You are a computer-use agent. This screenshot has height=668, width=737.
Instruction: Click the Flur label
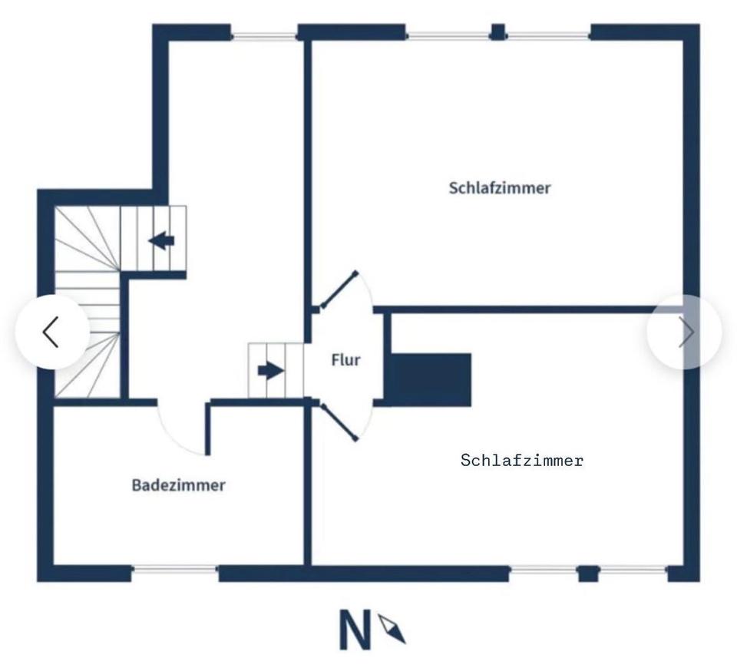(x=345, y=359)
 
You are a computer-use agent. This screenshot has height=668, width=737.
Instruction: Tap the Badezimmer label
(x=178, y=485)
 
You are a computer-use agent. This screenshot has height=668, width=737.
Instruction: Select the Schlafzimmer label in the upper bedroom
(x=500, y=188)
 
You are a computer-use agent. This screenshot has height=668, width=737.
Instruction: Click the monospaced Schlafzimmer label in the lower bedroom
(x=522, y=461)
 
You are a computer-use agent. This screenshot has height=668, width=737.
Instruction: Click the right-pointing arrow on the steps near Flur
(x=270, y=372)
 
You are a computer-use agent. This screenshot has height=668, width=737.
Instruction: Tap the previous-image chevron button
(x=51, y=332)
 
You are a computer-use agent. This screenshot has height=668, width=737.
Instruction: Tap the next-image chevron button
(x=685, y=332)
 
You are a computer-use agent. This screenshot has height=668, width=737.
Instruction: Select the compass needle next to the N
(x=392, y=629)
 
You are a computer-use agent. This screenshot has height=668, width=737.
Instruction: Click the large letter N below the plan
(x=355, y=630)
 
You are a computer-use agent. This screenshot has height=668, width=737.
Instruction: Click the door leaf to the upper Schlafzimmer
(x=339, y=289)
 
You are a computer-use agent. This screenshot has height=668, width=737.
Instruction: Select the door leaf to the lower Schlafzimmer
(x=339, y=422)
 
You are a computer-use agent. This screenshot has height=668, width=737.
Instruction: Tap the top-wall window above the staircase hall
(x=263, y=35)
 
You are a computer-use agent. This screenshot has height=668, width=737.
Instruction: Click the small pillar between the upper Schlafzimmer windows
(x=497, y=32)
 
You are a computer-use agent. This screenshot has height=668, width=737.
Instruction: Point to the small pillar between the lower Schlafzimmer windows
(x=588, y=573)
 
